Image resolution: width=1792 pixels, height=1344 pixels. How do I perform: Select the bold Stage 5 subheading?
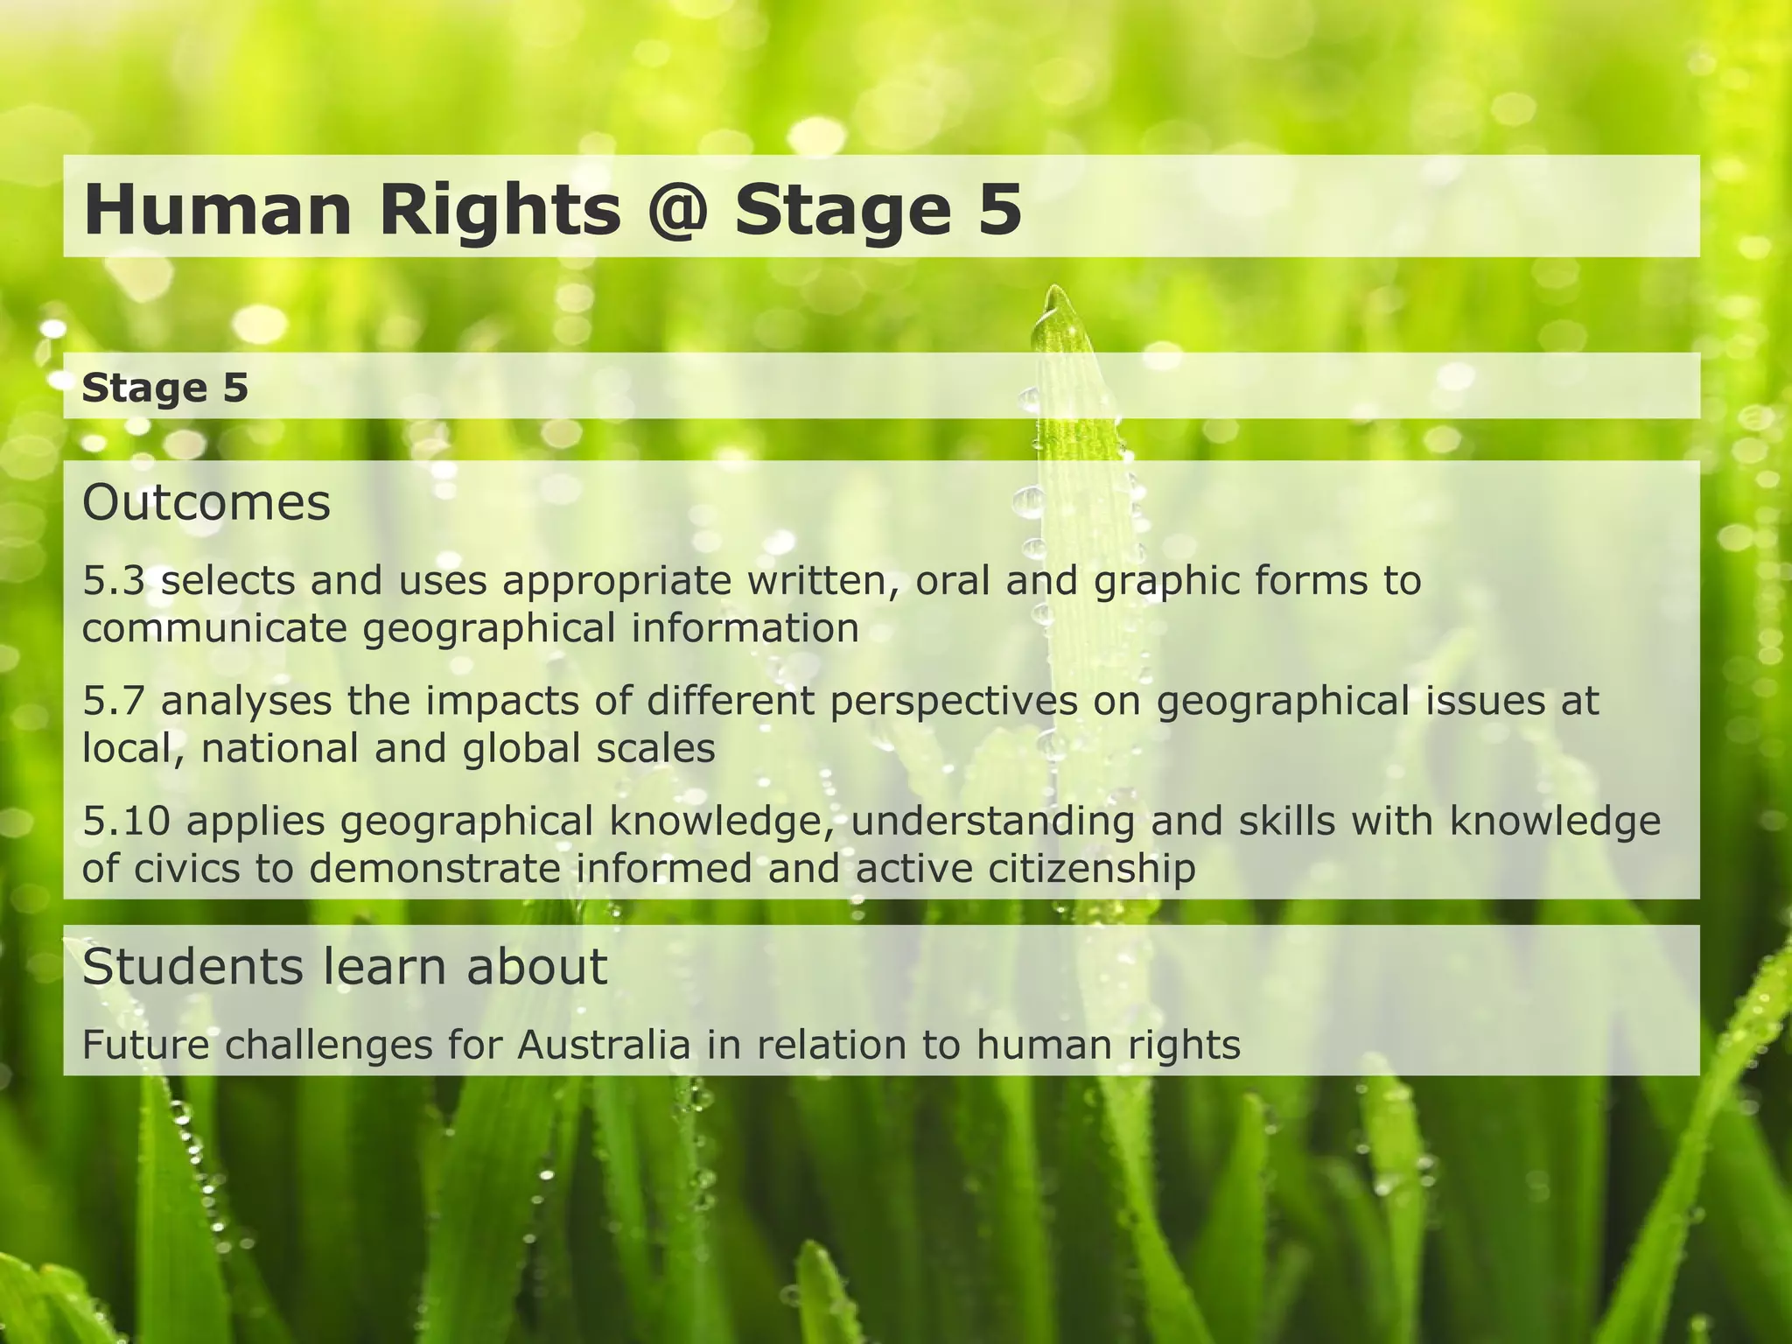(x=165, y=388)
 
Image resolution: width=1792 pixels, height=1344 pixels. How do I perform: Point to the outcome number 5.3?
(x=113, y=581)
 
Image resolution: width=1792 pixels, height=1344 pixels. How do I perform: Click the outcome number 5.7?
(x=113, y=701)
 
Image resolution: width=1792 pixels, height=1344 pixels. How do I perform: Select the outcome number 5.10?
(x=125, y=821)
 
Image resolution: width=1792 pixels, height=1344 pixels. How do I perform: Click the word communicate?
(x=214, y=629)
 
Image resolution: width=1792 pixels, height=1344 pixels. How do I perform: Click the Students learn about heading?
(x=345, y=967)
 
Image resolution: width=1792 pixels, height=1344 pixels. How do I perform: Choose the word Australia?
(x=605, y=1045)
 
